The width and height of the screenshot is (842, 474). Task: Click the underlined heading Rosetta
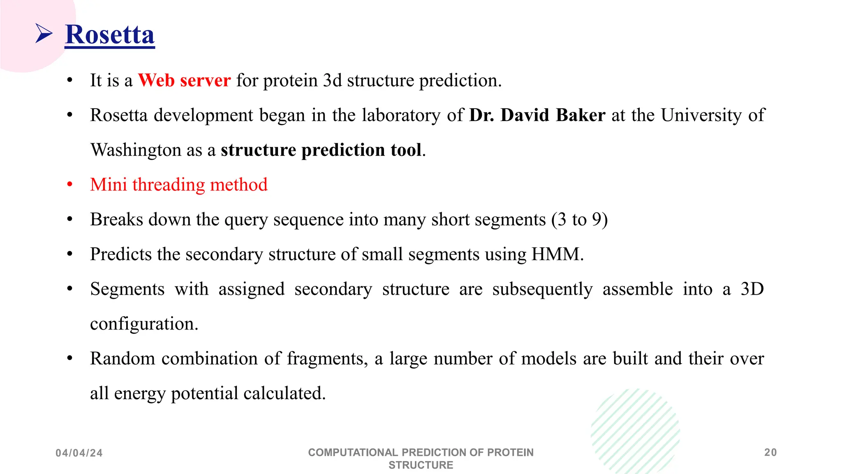click(110, 35)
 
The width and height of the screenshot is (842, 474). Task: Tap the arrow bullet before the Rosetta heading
click(44, 33)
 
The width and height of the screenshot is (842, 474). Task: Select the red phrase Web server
click(184, 80)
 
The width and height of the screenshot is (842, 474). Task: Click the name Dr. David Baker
click(537, 115)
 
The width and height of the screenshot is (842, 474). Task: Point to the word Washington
click(135, 150)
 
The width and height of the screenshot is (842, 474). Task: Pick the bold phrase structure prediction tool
click(321, 150)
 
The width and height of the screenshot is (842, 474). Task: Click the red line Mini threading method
click(179, 185)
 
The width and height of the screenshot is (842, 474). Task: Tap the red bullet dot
click(70, 185)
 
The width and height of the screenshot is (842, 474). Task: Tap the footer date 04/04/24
click(79, 453)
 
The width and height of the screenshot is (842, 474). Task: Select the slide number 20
click(770, 453)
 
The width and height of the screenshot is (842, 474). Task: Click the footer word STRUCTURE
click(421, 465)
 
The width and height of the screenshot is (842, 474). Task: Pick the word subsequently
click(542, 289)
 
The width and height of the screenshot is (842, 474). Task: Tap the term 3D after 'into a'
click(752, 289)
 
